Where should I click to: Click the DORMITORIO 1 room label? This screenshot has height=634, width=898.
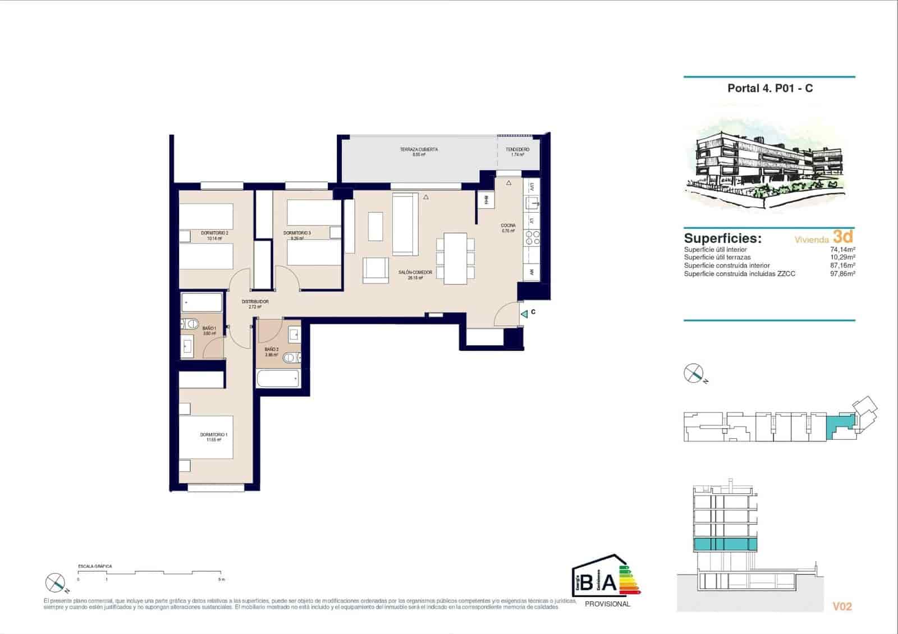click(x=213, y=435)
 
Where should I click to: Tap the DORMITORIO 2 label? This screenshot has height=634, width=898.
click(x=214, y=233)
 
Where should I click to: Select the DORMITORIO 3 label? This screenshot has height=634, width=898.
click(x=297, y=233)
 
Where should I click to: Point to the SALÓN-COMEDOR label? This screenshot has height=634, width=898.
click(x=415, y=273)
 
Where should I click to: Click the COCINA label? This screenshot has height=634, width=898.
click(x=508, y=226)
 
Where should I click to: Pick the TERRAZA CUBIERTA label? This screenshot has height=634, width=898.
click(x=419, y=150)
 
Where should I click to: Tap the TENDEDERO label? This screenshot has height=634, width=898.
click(x=517, y=150)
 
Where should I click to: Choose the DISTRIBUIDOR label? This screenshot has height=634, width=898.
click(x=255, y=302)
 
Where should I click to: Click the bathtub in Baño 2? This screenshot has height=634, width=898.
click(x=278, y=378)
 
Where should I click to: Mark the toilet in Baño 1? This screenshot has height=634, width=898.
click(x=190, y=324)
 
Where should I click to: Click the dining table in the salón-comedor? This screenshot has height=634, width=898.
click(x=455, y=258)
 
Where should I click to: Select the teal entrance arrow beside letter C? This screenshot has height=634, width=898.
click(x=524, y=314)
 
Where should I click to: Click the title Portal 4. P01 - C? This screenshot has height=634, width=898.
click(x=769, y=88)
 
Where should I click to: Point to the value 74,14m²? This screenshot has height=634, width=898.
click(x=843, y=250)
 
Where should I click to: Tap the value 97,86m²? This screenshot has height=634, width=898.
click(x=843, y=274)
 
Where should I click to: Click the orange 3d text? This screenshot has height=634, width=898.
click(x=843, y=236)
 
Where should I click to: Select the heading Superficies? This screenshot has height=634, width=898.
click(x=722, y=238)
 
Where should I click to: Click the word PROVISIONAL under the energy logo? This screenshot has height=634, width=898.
click(x=607, y=604)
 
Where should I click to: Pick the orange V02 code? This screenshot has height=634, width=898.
click(x=842, y=607)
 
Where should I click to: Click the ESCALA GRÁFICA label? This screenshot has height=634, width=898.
click(x=95, y=567)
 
